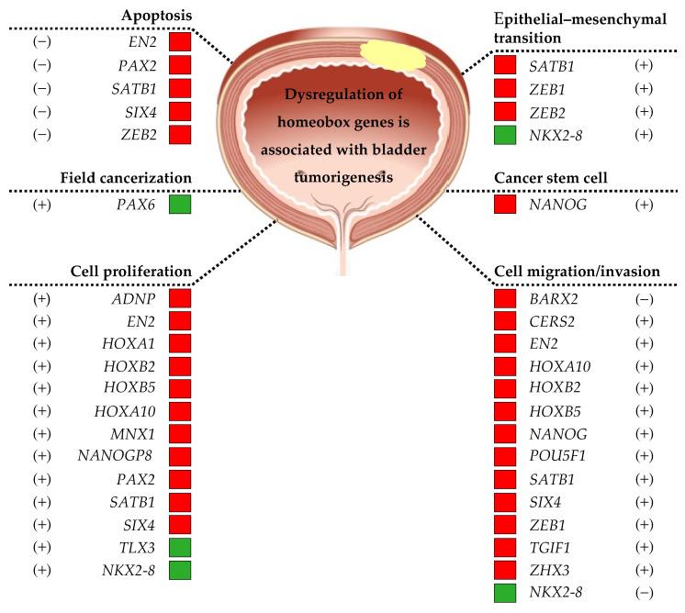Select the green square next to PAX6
coord(179,203)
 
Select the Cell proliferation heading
coord(130,272)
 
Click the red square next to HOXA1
coord(179,342)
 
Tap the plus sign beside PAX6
coord(41,203)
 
